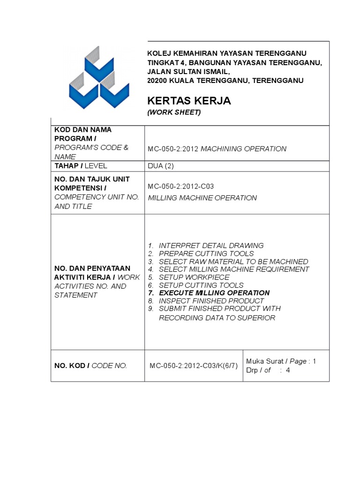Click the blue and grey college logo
coord(98,78)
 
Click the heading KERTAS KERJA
coord(182,101)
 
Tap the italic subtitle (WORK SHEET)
coord(174,112)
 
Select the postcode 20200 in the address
coord(157,81)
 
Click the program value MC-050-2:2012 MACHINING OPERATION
coord(217,149)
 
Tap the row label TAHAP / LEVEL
coord(81,165)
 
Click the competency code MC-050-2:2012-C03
coord(181,186)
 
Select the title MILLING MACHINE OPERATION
coord(202,198)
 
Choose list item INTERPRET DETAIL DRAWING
coord(211,245)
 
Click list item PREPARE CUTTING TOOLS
coord(206,254)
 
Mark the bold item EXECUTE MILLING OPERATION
coord(214,293)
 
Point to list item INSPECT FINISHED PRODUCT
coord(211,300)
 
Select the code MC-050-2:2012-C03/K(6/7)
coord(194,366)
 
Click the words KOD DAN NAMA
coord(83,129)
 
